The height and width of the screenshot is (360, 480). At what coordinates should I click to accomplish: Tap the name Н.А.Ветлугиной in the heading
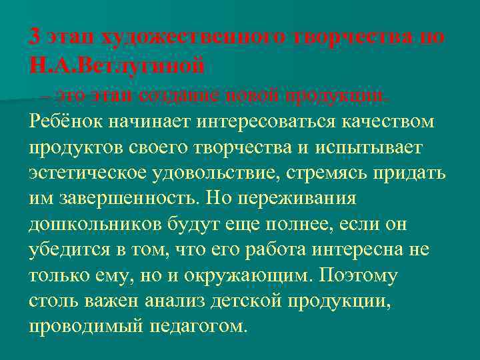click(117, 66)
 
